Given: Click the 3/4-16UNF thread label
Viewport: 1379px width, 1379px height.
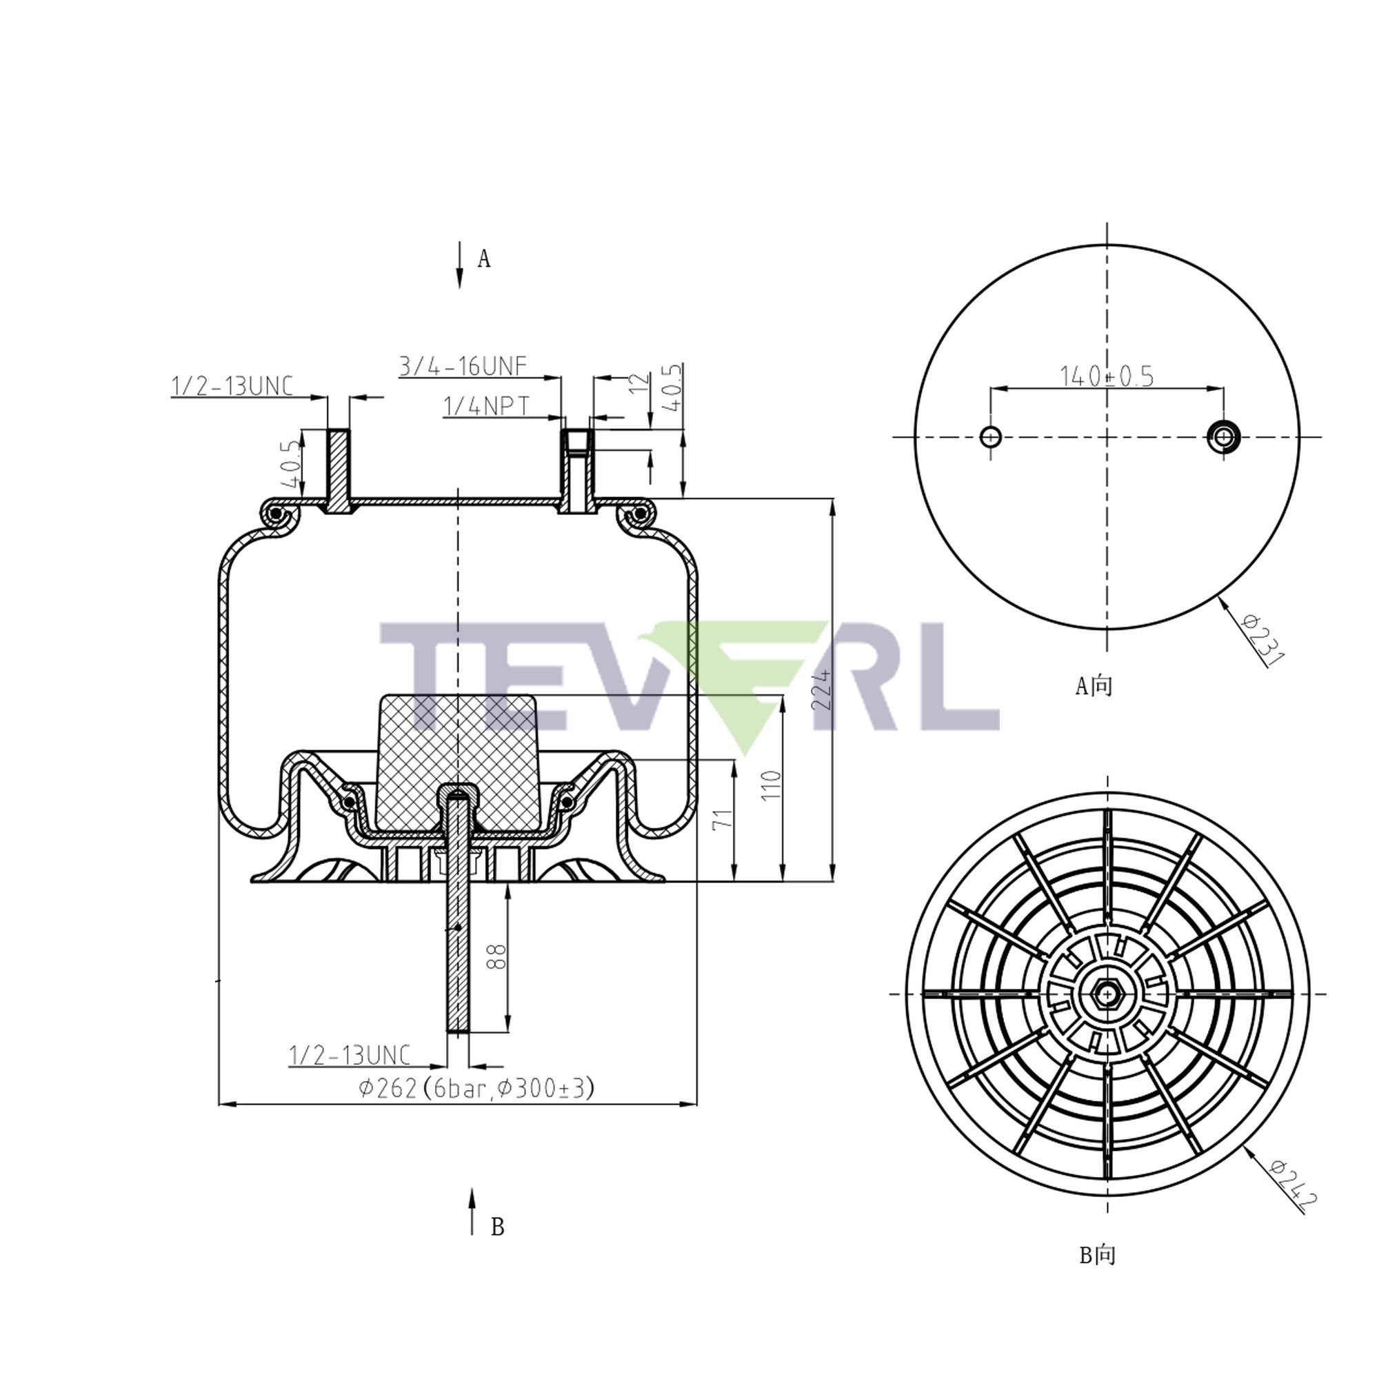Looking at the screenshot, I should pos(463,366).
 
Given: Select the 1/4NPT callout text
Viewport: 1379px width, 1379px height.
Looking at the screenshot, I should pos(487,406).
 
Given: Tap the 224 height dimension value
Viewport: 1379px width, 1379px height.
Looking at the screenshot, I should pos(822,689).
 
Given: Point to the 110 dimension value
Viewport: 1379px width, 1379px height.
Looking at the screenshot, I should pos(772,785).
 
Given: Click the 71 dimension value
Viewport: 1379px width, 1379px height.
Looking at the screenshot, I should pos(723,818).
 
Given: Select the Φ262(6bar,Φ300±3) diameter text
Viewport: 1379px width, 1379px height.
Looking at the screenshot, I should pos(476,1088).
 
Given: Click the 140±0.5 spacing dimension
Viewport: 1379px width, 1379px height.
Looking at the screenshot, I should pos(1106,376).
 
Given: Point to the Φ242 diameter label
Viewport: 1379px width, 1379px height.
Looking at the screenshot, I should pos(1293,1186).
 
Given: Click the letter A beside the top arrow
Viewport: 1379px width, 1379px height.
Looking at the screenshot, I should pos(484,259).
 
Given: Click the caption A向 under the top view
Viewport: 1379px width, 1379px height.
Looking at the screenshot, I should pos(1094,686).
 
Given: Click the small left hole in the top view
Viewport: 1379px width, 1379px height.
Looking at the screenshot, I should pos(990,436).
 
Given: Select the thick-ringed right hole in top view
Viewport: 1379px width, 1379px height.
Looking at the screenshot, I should pos(1223,436).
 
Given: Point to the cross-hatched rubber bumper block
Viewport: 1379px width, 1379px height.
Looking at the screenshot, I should pos(457,749).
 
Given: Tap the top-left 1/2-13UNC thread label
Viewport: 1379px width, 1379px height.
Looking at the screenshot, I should pos(232,386).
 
